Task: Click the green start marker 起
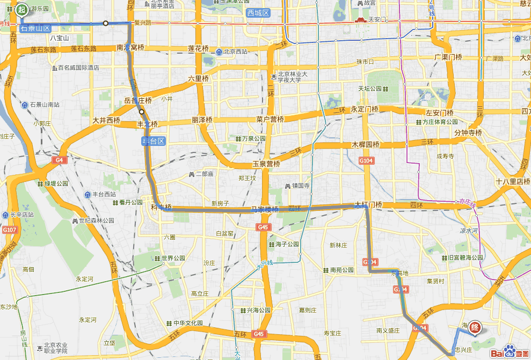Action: (21, 9)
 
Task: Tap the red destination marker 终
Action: (475, 327)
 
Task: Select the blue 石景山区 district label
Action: (35, 28)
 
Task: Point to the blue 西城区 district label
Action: (258, 12)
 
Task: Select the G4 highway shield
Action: (59, 160)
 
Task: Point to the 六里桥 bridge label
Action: (198, 78)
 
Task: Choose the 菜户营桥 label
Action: (270, 119)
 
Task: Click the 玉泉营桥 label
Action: (266, 164)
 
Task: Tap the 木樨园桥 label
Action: (366, 144)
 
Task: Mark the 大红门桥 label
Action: (368, 205)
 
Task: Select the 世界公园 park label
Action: (173, 258)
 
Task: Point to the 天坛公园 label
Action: (370, 89)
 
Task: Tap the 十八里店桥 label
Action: (513, 181)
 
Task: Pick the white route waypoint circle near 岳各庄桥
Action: (142, 112)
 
